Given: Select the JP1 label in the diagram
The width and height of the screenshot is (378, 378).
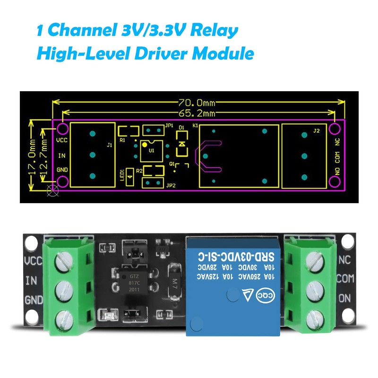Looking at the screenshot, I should coord(169,126).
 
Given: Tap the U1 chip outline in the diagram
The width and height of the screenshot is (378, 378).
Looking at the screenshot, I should coord(152,150).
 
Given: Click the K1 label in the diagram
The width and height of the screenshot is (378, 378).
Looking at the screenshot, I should coord(196,126).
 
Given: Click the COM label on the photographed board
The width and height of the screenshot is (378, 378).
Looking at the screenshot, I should coord(345,279).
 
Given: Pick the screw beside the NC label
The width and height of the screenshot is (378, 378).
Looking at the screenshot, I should coord(313,259).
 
